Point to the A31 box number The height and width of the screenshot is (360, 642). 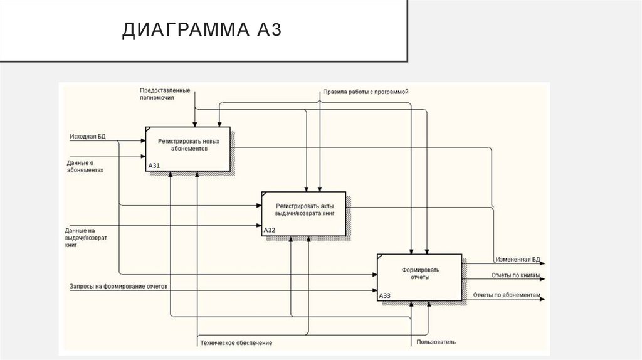[x=154, y=166]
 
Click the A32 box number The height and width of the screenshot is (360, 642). [x=269, y=230]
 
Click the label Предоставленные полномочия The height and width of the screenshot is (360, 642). [x=165, y=95]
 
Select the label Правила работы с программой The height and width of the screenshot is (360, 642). [x=366, y=92]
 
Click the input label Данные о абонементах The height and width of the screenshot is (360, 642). [x=85, y=166]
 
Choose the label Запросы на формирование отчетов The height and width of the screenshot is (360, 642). [x=118, y=287]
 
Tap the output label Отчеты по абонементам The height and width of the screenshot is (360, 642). [x=507, y=294]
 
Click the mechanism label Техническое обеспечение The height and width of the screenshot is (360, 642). [x=236, y=342]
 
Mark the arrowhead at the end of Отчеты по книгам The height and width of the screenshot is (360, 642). [x=543, y=280]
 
